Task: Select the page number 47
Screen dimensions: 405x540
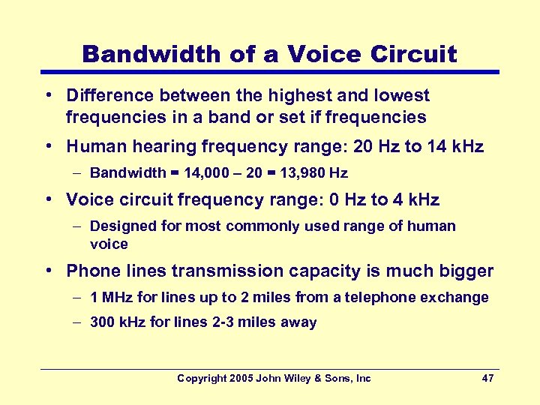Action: point(487,379)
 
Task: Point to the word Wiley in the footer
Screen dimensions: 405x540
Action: point(298,379)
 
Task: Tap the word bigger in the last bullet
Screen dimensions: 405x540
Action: point(466,271)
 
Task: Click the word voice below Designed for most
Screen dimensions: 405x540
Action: point(109,244)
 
